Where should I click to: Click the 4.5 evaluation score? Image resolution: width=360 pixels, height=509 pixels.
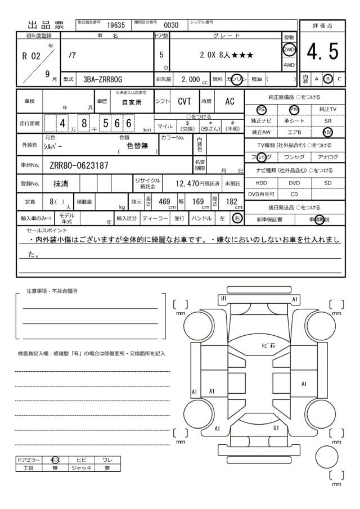point(323,52)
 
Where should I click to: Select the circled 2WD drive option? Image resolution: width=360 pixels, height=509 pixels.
point(289,49)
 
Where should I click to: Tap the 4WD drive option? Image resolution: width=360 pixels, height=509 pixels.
point(289,65)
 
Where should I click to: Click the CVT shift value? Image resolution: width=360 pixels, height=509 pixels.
point(184,101)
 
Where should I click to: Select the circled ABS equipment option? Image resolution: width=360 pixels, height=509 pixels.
point(328,132)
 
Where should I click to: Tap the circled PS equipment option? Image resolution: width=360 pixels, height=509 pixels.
point(261,109)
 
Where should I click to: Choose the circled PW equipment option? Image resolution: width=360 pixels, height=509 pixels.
point(294,109)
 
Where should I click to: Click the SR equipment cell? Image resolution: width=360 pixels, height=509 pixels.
point(328,120)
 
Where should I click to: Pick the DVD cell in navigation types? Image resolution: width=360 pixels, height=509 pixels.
point(294,183)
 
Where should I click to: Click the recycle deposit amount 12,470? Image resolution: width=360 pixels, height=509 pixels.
point(187,183)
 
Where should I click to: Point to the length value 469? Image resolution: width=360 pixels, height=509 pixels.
point(164,201)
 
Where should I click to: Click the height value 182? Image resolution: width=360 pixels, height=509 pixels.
point(231,201)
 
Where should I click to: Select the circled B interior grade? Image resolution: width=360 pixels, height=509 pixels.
point(328,79)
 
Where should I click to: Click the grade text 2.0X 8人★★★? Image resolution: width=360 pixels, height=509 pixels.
point(226,55)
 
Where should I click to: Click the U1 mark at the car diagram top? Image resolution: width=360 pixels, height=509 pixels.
point(223,298)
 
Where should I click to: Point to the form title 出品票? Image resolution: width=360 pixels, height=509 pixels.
point(46,25)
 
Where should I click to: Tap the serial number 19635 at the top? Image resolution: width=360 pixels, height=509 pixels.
point(116,25)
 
